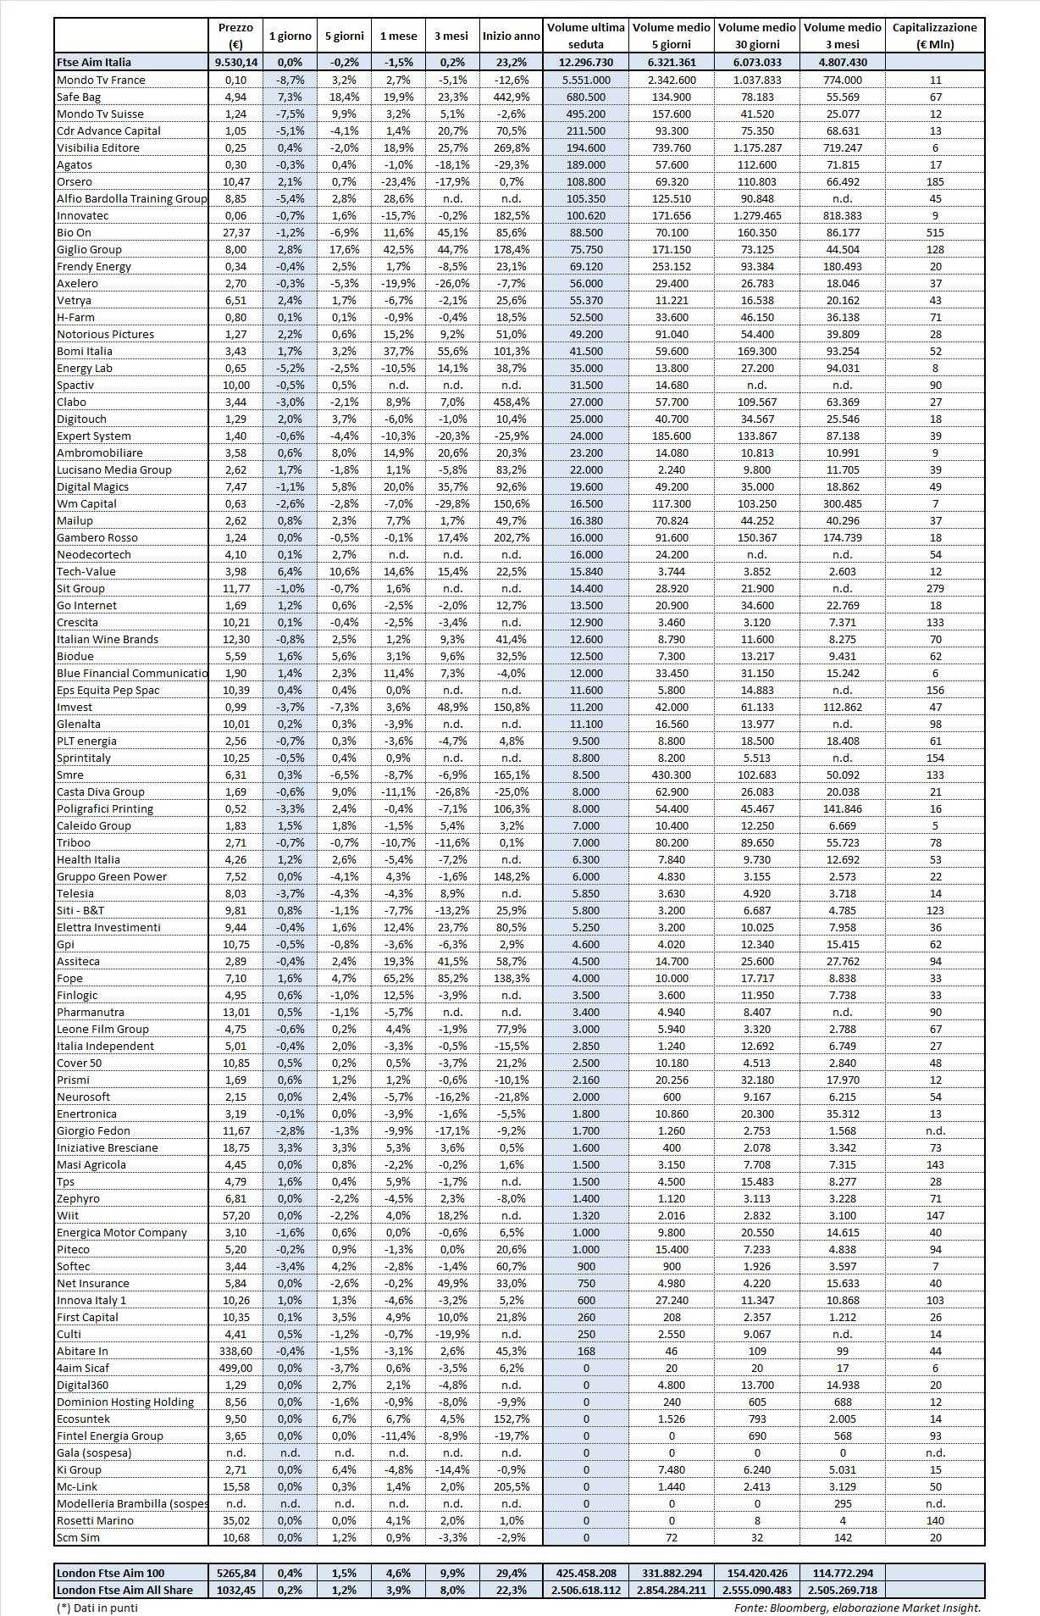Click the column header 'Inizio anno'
[511, 36]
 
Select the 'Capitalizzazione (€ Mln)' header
[935, 36]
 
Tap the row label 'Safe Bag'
[79, 97]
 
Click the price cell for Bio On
[235, 232]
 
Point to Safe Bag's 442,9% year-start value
[511, 97]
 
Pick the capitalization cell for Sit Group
[935, 588]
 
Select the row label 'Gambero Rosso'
[97, 537]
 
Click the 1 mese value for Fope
[398, 978]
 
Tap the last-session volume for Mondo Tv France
[586, 80]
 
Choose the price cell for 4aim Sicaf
[235, 1368]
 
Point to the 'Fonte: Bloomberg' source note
[857, 1607]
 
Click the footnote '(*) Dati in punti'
[97, 1607]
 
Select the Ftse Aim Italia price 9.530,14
[235, 62]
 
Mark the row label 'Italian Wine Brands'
[108, 639]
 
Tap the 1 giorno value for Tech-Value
[290, 571]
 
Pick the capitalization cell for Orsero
[935, 181]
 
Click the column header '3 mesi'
[451, 36]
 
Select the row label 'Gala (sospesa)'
[94, 1452]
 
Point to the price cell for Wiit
[235, 1215]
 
